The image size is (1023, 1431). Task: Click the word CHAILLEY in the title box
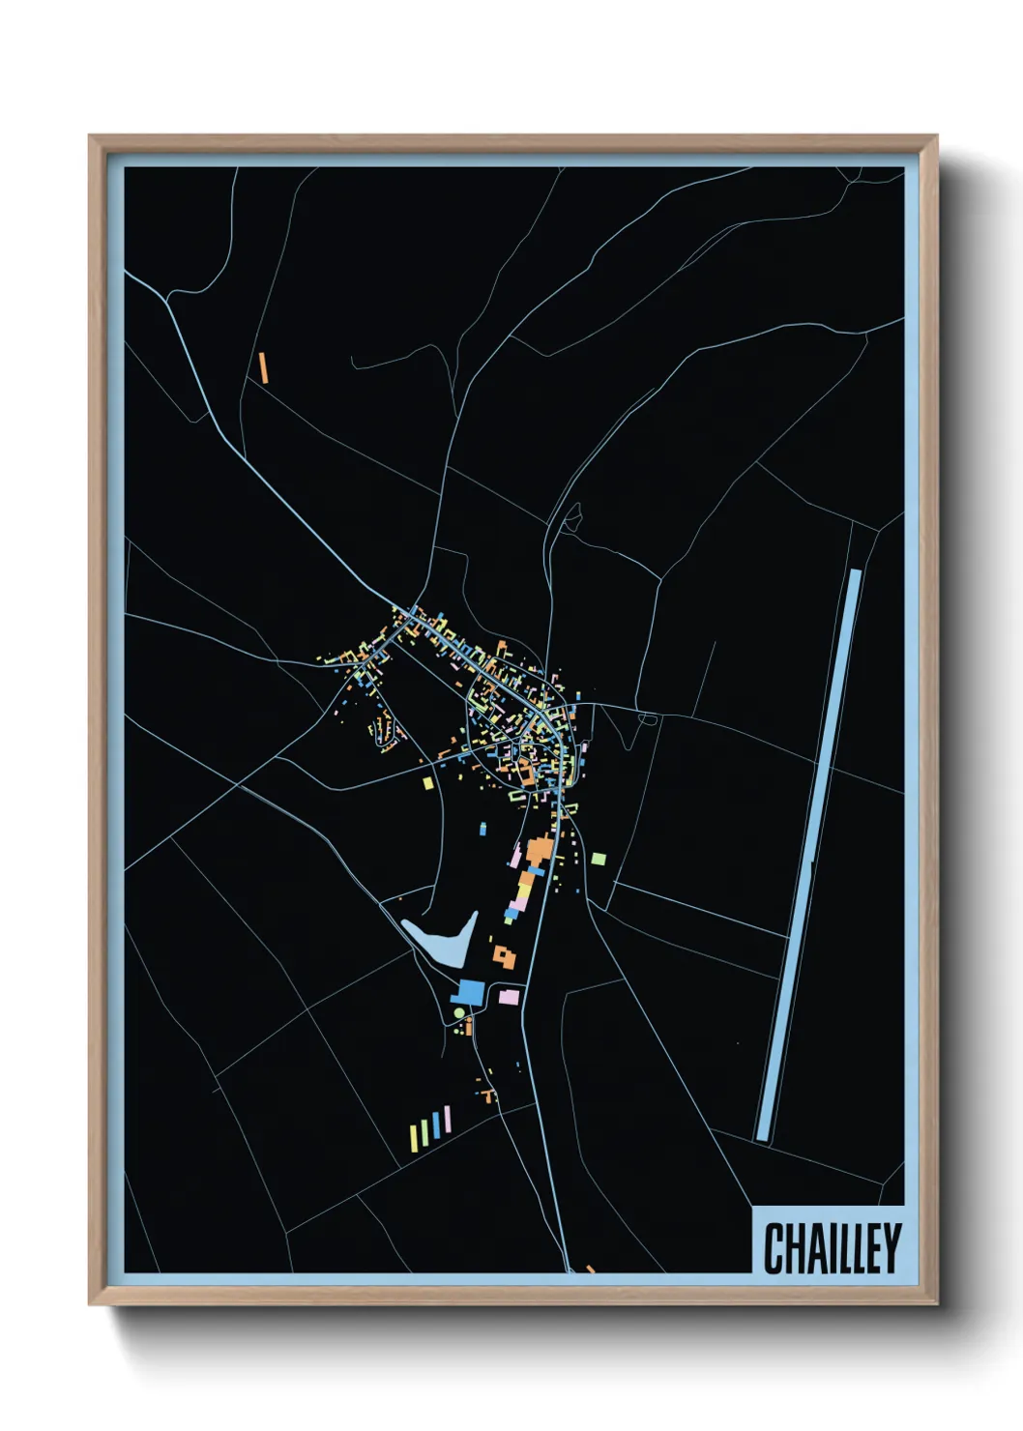(x=832, y=1248)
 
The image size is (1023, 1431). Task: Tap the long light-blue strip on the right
(x=810, y=855)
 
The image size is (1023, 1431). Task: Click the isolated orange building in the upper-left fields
(x=262, y=367)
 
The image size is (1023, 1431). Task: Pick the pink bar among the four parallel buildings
(x=447, y=1120)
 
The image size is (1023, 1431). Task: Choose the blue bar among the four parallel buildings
(x=436, y=1124)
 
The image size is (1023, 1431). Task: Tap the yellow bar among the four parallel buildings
(x=424, y=1129)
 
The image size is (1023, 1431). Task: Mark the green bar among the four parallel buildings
(x=413, y=1137)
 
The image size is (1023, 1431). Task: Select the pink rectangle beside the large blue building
(x=509, y=997)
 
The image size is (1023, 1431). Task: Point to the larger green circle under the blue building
(x=460, y=1013)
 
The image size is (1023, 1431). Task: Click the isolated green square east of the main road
(x=599, y=859)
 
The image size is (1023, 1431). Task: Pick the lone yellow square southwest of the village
(x=428, y=782)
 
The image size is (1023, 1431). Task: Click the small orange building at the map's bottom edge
(x=590, y=1269)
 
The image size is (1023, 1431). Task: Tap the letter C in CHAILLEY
(x=775, y=1248)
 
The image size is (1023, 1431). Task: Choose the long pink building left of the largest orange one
(x=516, y=856)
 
